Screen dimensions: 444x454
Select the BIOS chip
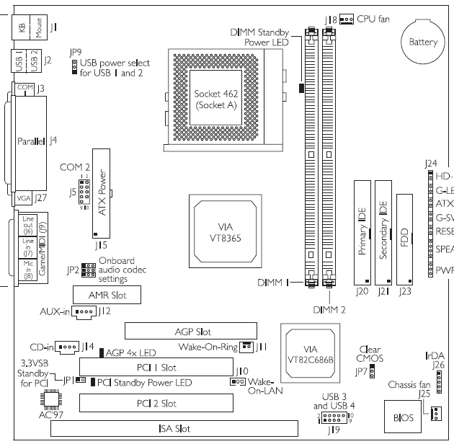(405, 416)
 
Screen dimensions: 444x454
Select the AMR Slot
(106, 295)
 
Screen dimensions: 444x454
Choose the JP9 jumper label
(74, 53)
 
